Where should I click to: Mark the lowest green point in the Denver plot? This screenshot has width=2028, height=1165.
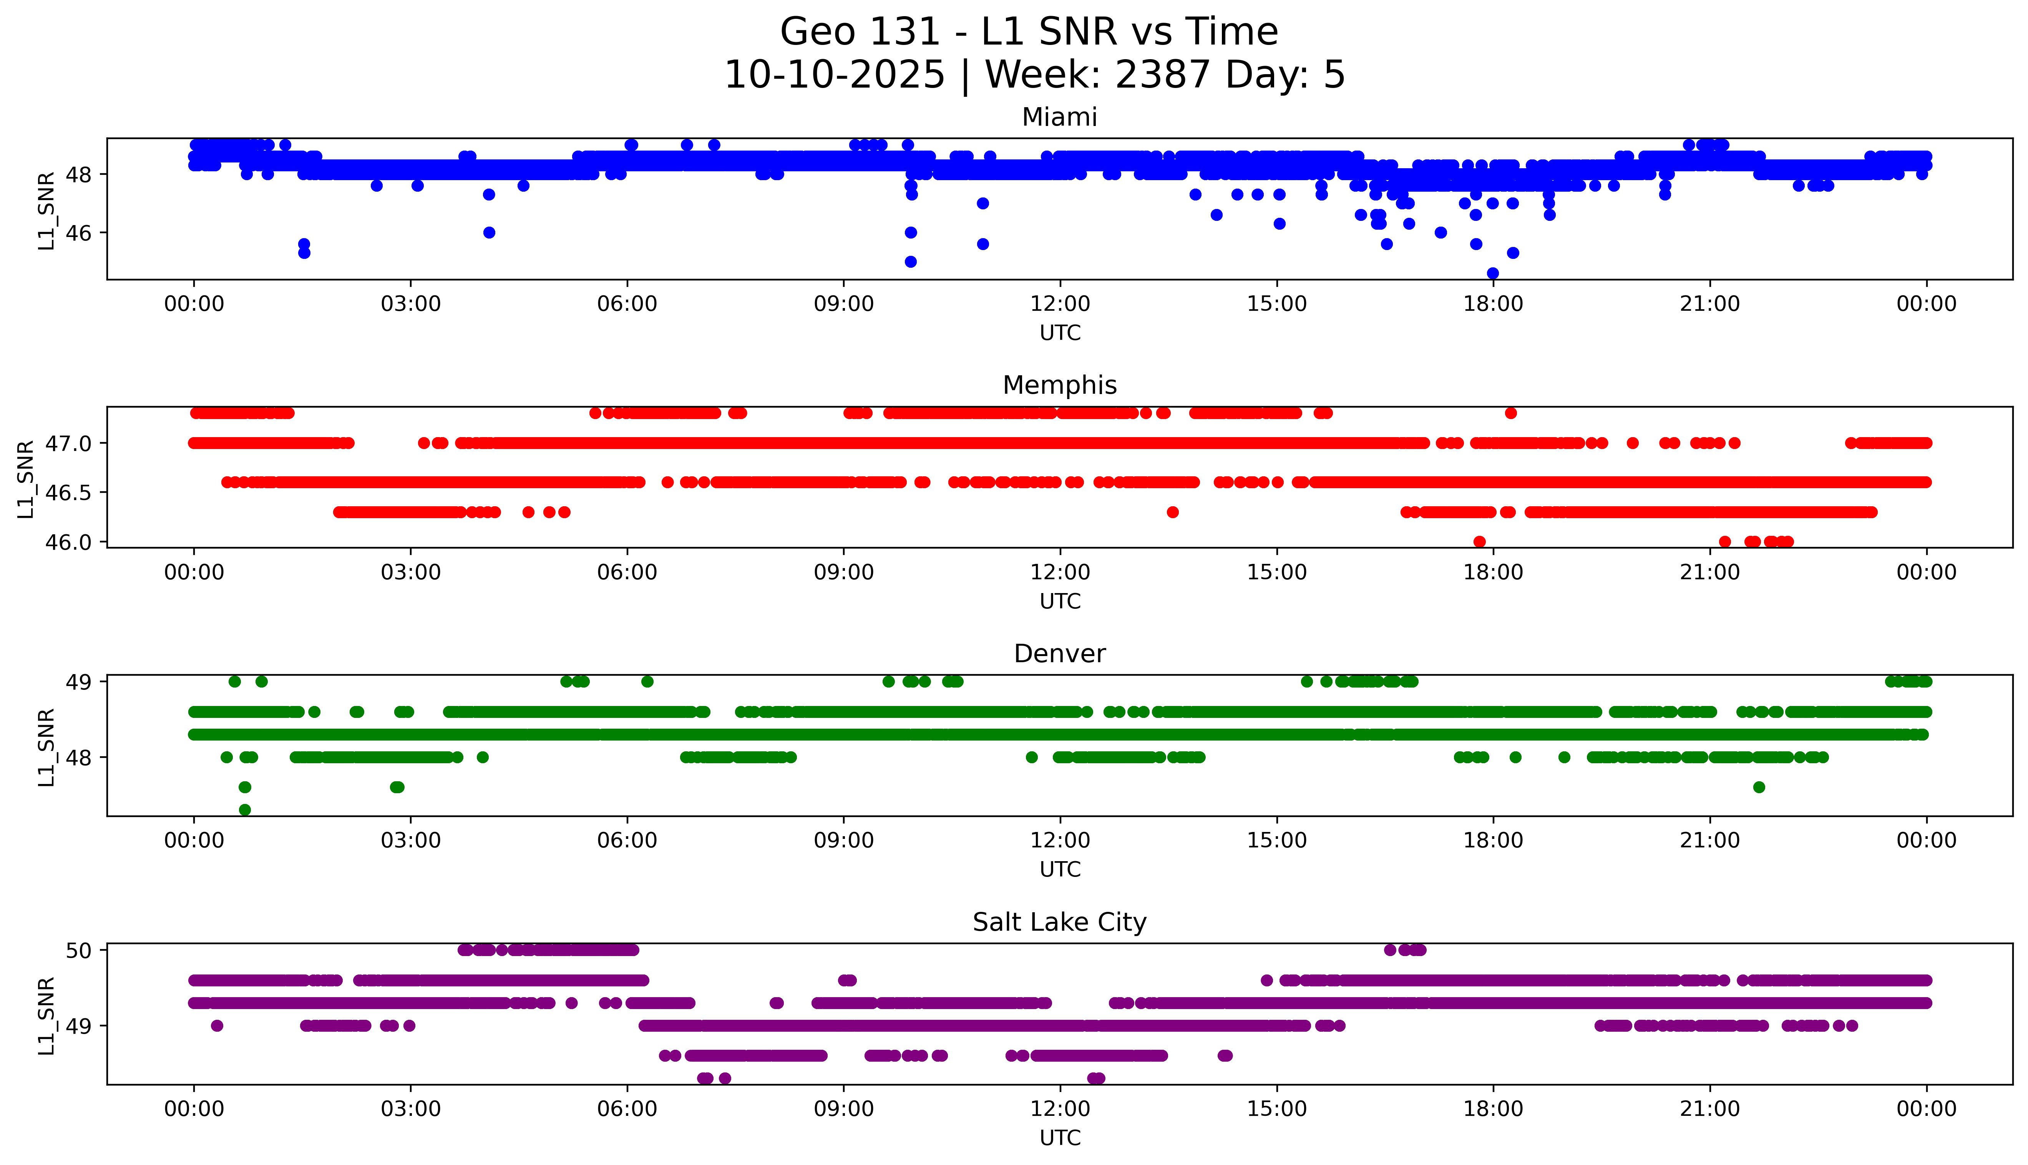[x=245, y=810]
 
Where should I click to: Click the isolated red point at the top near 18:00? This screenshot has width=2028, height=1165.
[x=1510, y=413]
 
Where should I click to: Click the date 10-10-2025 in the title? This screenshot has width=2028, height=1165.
[x=834, y=75]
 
